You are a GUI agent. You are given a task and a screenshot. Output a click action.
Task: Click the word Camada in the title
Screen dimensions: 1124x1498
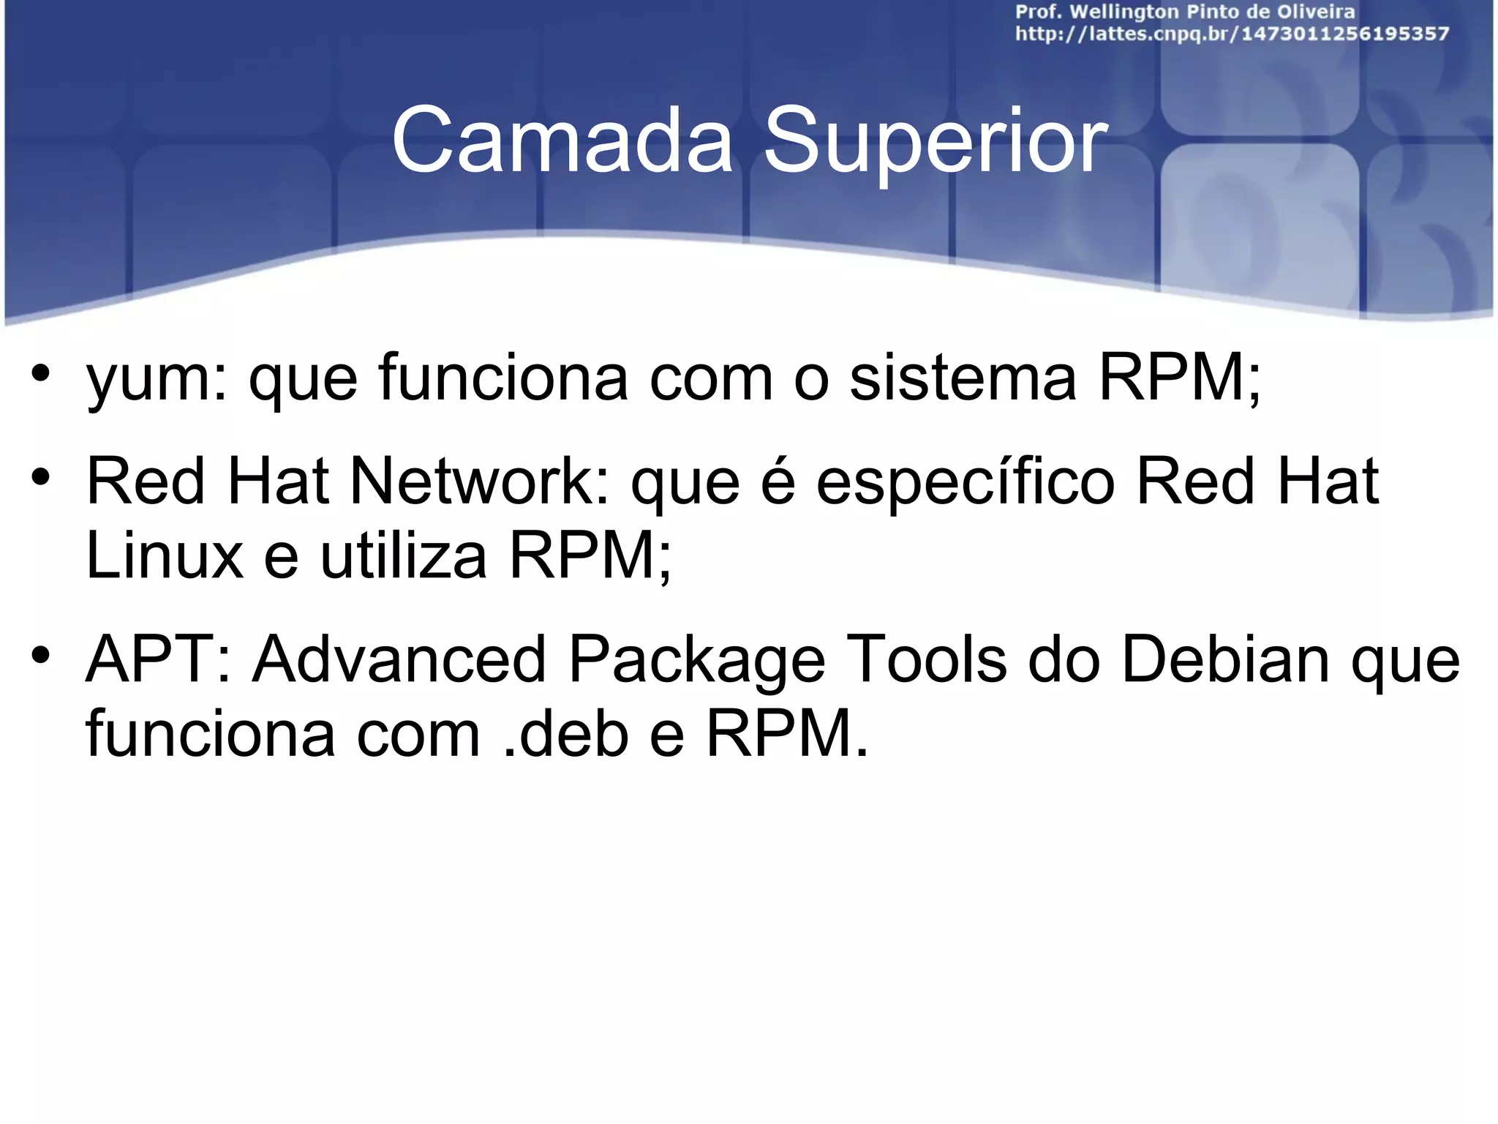pyautogui.click(x=562, y=140)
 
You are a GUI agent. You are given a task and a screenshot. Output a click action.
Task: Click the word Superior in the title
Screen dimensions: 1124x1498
pyautogui.click(x=935, y=140)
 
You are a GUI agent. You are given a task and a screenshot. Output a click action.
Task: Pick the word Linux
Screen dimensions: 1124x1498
pyautogui.click(x=165, y=556)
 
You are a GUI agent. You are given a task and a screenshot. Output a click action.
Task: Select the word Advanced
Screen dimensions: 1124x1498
pyautogui.click(x=399, y=660)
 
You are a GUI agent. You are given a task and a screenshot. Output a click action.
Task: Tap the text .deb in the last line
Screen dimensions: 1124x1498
pyautogui.click(x=567, y=734)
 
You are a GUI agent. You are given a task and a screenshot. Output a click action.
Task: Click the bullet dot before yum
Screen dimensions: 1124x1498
pyautogui.click(x=40, y=372)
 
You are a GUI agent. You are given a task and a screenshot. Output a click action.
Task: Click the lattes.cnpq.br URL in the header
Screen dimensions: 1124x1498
pyautogui.click(x=1232, y=34)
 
